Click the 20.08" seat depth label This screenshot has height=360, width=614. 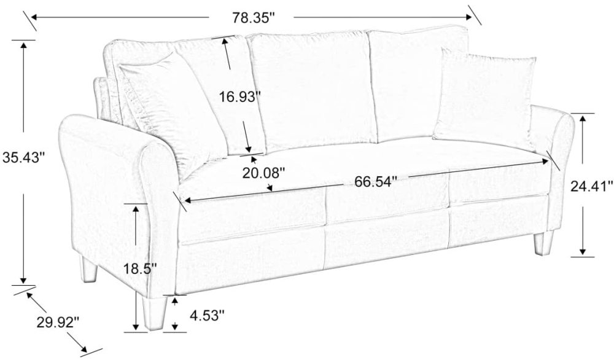point(263,172)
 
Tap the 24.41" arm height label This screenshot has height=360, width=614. point(591,186)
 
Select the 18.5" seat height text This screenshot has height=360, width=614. point(140,269)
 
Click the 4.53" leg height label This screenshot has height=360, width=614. point(207,315)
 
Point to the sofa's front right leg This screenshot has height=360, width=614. point(543,242)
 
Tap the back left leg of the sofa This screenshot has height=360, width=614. point(89,270)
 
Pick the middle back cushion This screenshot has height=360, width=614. point(311,91)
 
